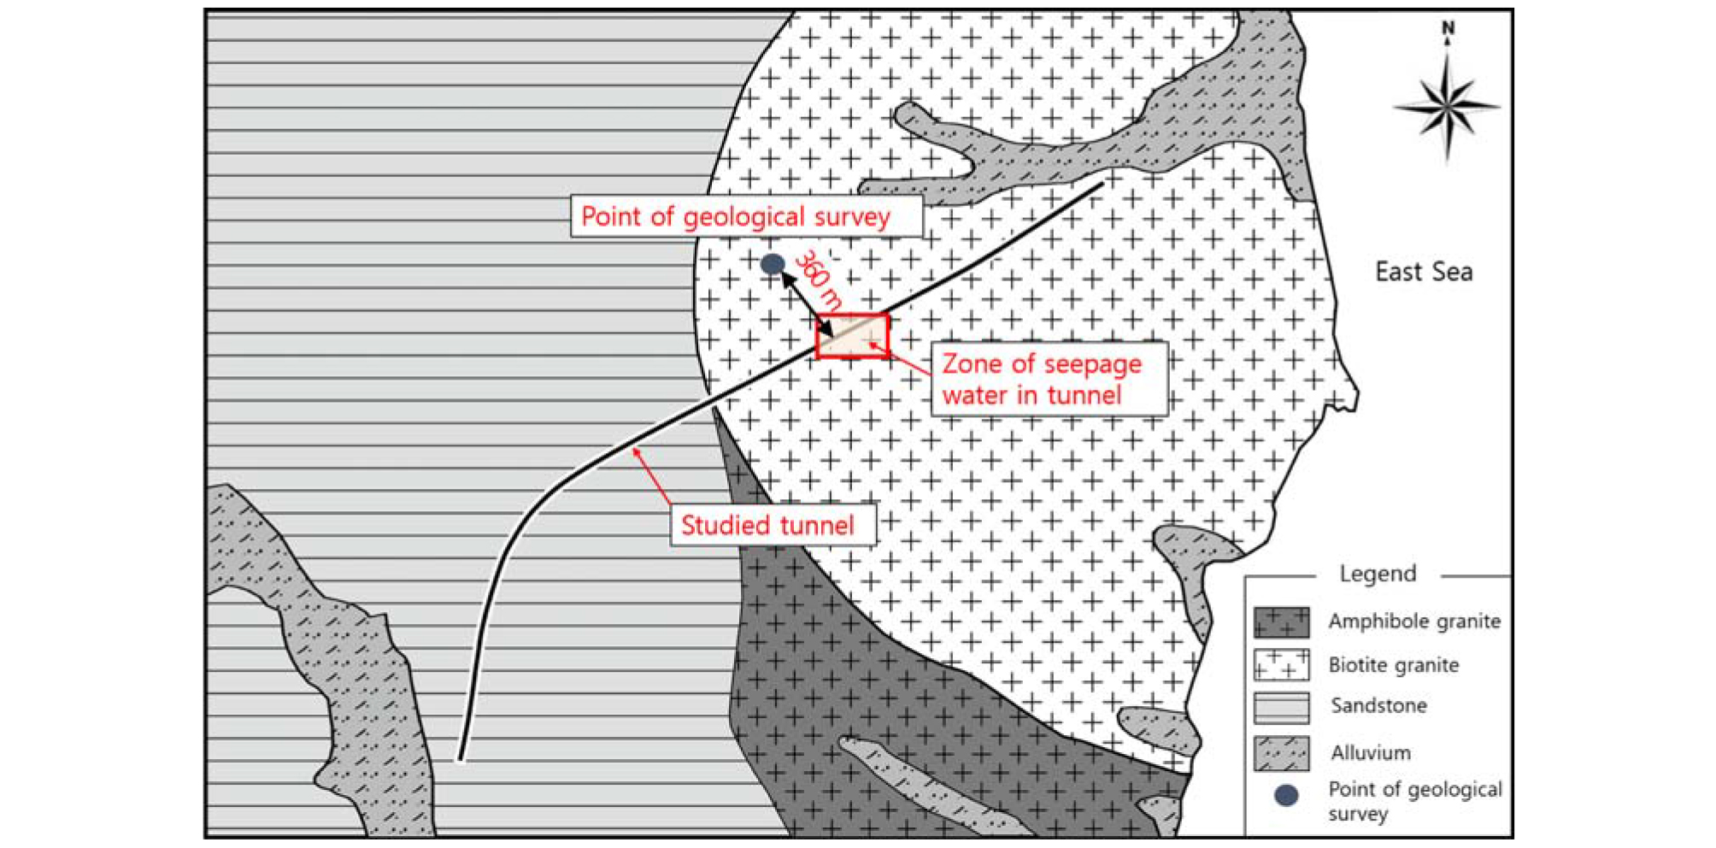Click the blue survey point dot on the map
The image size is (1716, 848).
(773, 264)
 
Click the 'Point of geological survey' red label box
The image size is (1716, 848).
(746, 216)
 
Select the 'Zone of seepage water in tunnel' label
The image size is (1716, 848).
(1049, 380)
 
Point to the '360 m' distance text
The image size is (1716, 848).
(819, 279)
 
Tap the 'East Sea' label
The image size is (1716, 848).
(1424, 272)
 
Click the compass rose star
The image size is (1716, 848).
(1447, 107)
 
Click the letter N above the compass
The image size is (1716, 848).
(1448, 28)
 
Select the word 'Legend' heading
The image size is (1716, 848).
(1378, 574)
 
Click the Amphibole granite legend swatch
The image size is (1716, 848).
(1281, 621)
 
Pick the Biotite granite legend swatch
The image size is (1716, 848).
(1281, 664)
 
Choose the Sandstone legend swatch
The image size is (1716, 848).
(1281, 708)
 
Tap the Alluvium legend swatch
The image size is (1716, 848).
(1281, 753)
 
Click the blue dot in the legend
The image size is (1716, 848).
(1286, 795)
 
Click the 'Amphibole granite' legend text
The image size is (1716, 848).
(1414, 621)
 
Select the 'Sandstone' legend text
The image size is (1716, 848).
(1378, 705)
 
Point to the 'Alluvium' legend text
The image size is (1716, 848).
(1371, 752)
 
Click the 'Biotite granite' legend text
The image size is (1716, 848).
(1394, 664)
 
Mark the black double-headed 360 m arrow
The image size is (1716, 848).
(808, 303)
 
